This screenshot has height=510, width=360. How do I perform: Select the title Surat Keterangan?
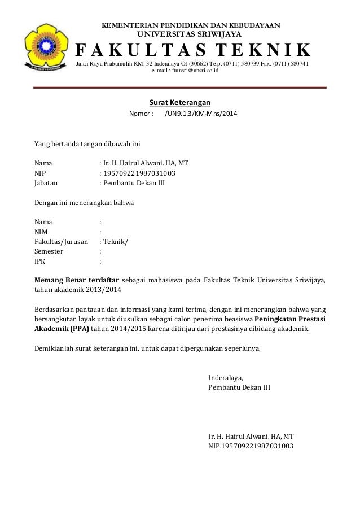(x=179, y=102)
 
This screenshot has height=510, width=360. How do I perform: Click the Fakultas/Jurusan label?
(x=62, y=241)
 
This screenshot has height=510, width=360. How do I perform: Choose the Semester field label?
(x=49, y=251)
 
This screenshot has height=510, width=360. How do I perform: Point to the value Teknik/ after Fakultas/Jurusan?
(x=116, y=241)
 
